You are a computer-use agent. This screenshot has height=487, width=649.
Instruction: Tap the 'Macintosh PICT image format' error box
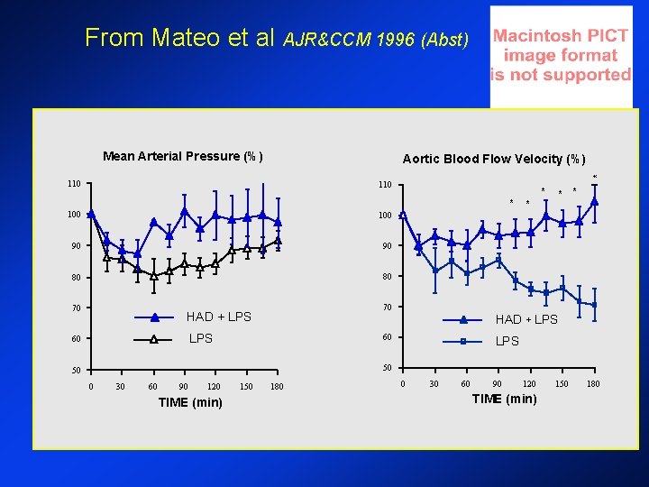click(x=560, y=56)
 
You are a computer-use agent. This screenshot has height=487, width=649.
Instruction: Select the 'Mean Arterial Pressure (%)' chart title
click(x=183, y=156)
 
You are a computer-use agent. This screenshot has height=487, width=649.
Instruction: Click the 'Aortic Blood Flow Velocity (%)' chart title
click(x=494, y=159)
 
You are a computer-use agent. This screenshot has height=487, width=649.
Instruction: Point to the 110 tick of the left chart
click(x=74, y=184)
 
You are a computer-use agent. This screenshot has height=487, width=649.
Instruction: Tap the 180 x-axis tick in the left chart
click(x=278, y=387)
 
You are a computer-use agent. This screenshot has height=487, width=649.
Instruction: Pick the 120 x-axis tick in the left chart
click(x=215, y=387)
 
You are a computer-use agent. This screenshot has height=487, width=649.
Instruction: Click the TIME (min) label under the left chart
click(x=189, y=402)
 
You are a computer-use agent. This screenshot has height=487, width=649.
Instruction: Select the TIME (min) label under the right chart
click(x=504, y=400)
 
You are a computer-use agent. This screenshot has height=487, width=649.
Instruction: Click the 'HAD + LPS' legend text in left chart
click(x=219, y=317)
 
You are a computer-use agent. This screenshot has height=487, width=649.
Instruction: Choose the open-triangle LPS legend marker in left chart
click(x=154, y=339)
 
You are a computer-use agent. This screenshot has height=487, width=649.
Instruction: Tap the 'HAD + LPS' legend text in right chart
click(x=526, y=319)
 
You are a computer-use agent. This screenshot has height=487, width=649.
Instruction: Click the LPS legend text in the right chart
click(x=507, y=342)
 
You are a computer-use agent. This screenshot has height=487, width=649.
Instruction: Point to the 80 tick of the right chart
click(x=386, y=277)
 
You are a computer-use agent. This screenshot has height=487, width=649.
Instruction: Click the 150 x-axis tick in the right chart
click(x=562, y=384)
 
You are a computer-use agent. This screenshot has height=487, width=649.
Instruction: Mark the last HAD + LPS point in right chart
click(x=595, y=201)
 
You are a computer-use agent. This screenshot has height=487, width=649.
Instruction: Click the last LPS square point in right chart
click(x=595, y=305)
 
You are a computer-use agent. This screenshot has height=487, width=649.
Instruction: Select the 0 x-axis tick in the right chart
click(x=402, y=384)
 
